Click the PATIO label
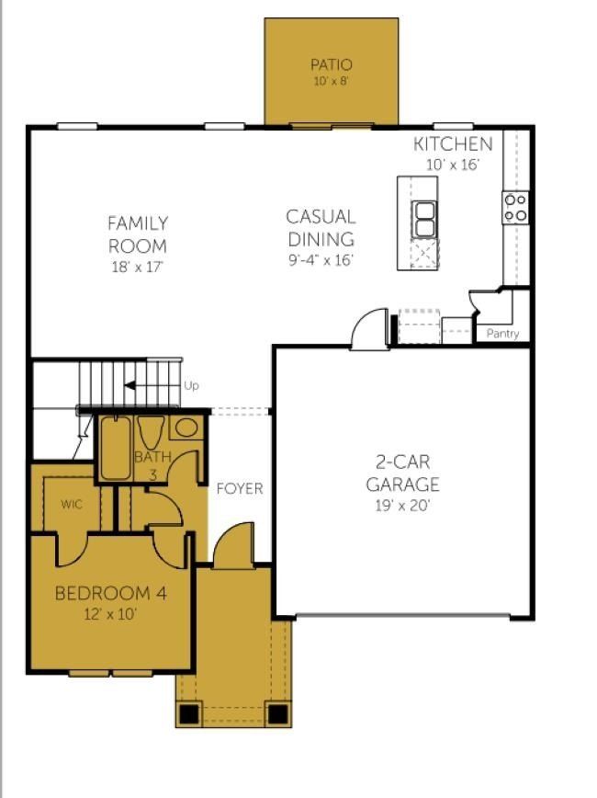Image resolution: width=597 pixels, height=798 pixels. coord(331,65)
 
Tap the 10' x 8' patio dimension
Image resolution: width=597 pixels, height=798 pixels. coord(331,81)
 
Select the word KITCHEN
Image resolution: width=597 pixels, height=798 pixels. coord(452,144)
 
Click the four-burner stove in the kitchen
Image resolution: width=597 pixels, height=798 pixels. coord(515,208)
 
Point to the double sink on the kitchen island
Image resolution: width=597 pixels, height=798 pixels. coord(424,219)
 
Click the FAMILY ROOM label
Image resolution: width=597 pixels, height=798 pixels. coord(138,234)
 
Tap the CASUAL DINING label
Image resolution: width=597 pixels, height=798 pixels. coord(321,228)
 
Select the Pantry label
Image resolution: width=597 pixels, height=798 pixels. coord(502,334)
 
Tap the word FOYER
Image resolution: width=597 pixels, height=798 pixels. coord(240,489)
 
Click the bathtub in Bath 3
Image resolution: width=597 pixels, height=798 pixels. coord(116,448)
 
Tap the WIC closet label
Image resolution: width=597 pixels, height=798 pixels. coord(72,505)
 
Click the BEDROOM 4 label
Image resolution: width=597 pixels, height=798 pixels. coord(110,594)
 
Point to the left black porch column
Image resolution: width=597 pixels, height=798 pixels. coord(188,712)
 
